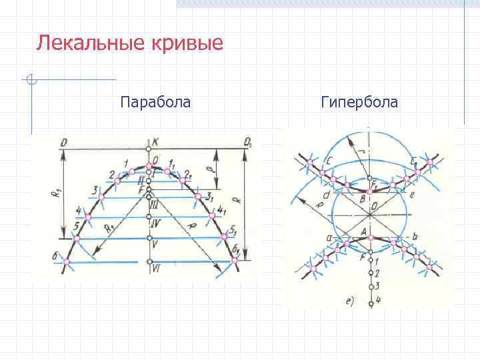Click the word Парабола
(155, 102)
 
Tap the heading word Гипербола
(359, 102)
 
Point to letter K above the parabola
(155, 141)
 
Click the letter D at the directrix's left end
(63, 141)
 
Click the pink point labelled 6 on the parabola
(65, 262)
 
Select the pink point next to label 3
(101, 197)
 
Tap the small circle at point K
(148, 148)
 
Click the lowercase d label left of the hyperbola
(325, 195)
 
